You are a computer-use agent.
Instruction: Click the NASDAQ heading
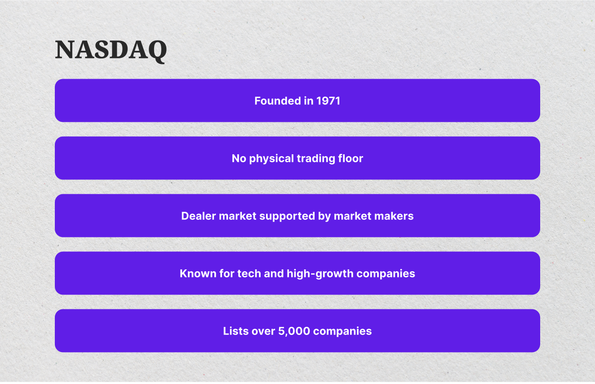[111, 50]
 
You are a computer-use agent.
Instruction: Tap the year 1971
[328, 101]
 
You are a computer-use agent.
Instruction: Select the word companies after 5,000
[342, 331]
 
